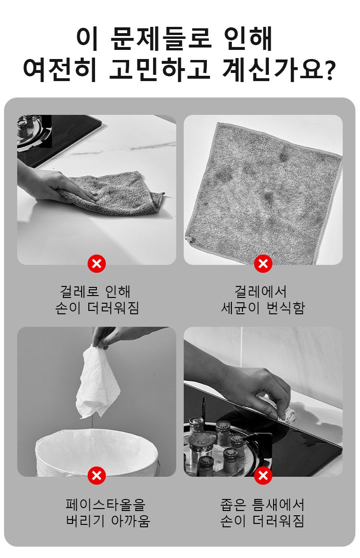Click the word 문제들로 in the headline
[x=161, y=38]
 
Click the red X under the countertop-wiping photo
[x=96, y=264]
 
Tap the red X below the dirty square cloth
[x=263, y=264]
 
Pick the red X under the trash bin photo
[x=96, y=475]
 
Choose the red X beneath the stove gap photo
[x=263, y=475]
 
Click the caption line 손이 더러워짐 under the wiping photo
[x=97, y=308]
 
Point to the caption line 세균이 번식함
[x=263, y=308]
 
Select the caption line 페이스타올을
[x=106, y=504]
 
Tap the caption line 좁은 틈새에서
[x=263, y=504]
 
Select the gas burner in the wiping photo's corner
[x=34, y=133]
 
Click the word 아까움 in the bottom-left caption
[x=131, y=521]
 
